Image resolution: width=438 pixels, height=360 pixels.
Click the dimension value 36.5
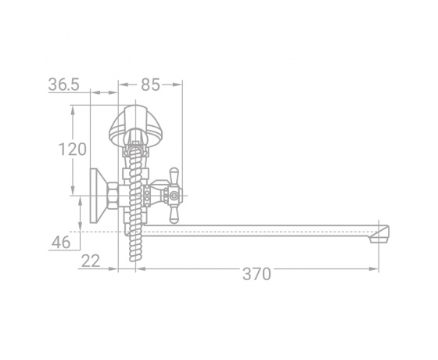pyautogui.click(x=63, y=85)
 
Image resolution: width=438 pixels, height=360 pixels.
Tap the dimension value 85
pyautogui.click(x=150, y=85)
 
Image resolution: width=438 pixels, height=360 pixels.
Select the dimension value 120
pyautogui.click(x=72, y=149)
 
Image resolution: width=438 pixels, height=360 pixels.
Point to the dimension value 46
pyautogui.click(x=61, y=243)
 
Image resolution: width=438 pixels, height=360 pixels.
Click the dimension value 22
pyautogui.click(x=91, y=261)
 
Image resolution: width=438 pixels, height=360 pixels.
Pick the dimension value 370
pyautogui.click(x=257, y=274)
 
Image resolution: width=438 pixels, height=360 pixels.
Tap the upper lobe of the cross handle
pyautogui.click(x=174, y=176)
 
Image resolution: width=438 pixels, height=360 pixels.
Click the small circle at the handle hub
pyautogui.click(x=174, y=196)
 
